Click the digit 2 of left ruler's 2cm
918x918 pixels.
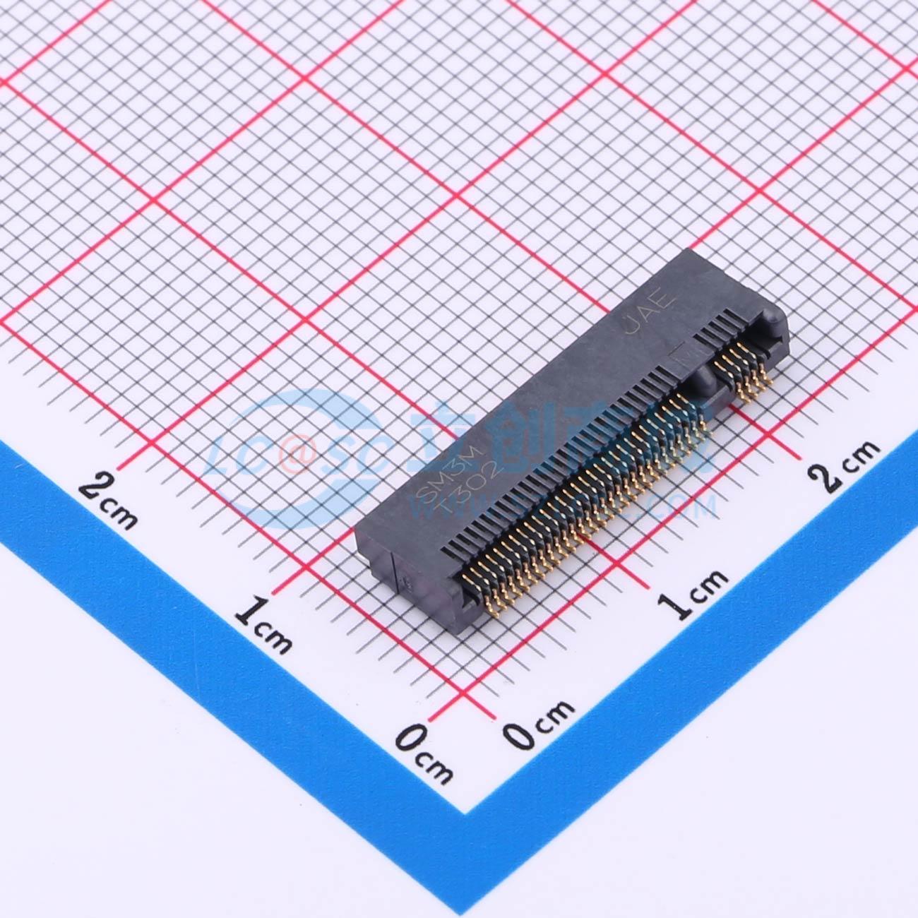[x=95, y=488]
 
